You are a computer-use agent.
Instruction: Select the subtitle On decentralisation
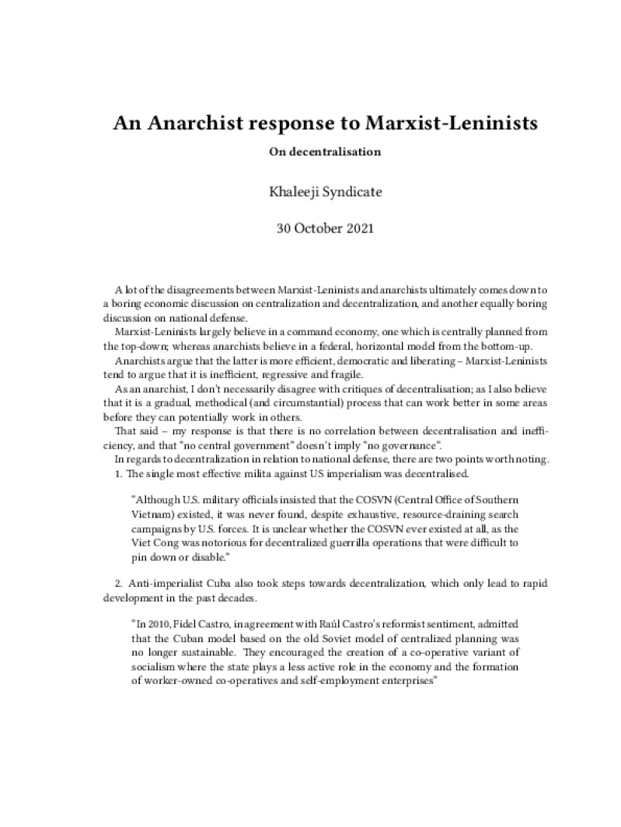tap(325, 152)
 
